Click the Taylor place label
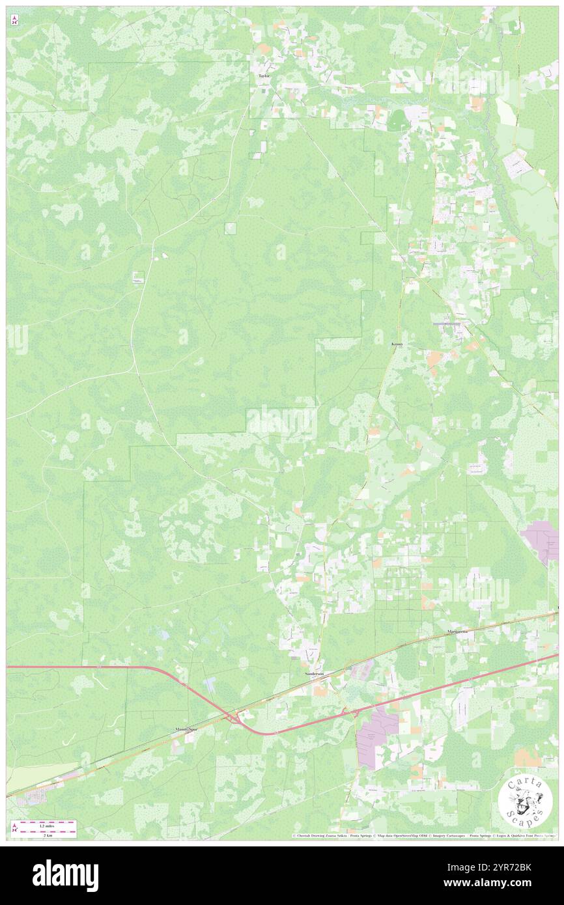point(264,76)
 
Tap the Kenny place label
point(397,345)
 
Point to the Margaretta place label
point(458,632)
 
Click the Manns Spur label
point(186,730)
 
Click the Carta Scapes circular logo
point(526,801)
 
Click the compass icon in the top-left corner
point(14,21)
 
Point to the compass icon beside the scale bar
point(14,828)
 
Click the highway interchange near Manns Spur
point(231,717)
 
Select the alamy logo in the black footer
point(65,875)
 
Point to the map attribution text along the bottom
point(423,835)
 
